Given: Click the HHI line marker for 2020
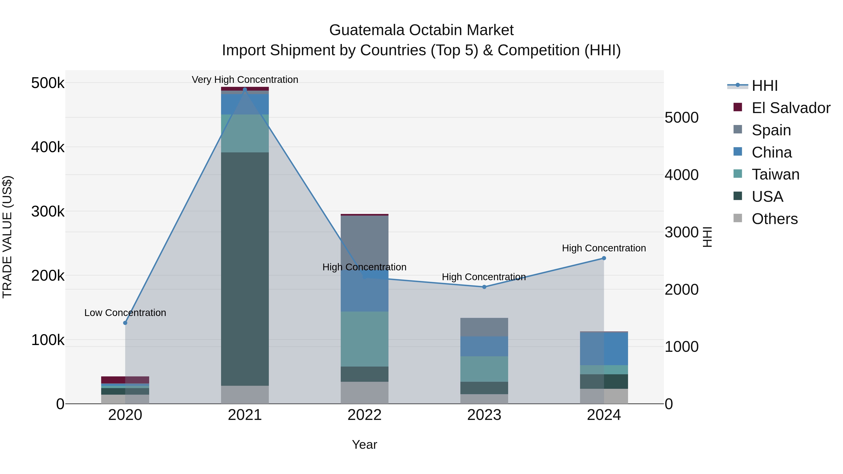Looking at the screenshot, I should pyautogui.click(x=125, y=323).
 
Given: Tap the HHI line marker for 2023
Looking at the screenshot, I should pyautogui.click(x=484, y=287).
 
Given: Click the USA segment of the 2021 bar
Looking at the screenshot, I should pyautogui.click(x=245, y=268).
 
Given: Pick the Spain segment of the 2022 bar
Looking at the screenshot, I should pyautogui.click(x=365, y=242).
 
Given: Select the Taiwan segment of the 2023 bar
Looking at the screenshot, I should pyautogui.click(x=484, y=369).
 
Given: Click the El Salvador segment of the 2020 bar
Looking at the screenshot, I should pyautogui.click(x=125, y=380).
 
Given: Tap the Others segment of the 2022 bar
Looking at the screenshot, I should pyautogui.click(x=365, y=393).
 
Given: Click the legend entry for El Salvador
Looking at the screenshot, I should pyautogui.click(x=791, y=108).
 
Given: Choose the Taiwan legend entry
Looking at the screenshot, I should pyautogui.click(x=775, y=174).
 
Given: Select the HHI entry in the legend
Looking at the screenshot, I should pyautogui.click(x=765, y=86).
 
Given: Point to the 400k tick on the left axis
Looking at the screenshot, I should pyautogui.click(x=48, y=147).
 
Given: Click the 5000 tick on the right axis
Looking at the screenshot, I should pyautogui.click(x=682, y=118).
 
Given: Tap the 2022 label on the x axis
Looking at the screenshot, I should pyautogui.click(x=365, y=415).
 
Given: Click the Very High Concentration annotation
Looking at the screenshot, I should pyautogui.click(x=245, y=80).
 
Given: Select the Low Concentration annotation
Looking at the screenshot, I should pyautogui.click(x=125, y=313).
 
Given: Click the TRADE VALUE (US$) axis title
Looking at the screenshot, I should pyautogui.click(x=7, y=237).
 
